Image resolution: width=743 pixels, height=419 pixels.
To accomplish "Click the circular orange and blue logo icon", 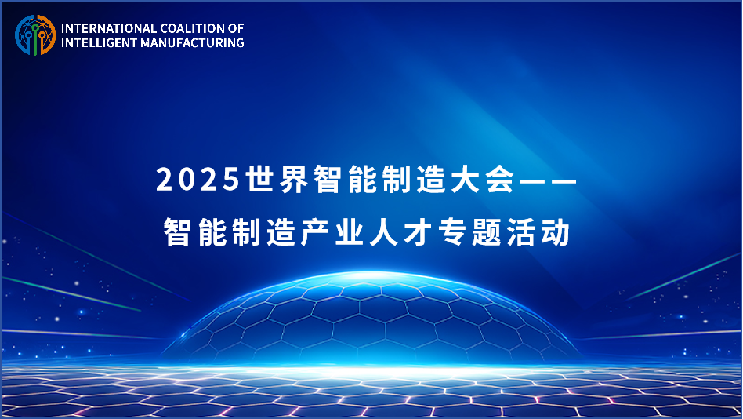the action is coord(35,35).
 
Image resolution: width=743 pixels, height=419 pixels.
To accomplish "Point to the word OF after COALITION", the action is coord(236,28).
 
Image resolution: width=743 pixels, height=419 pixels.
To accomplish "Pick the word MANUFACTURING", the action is coord(192,42).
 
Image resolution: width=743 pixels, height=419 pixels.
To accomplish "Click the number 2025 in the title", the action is coord(198,180).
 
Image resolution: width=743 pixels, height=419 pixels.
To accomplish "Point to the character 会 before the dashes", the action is coord(500,180).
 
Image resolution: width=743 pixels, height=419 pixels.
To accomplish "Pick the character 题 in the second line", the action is coord(487,232).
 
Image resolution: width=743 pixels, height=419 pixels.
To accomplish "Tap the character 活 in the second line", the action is coord(521,232).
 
